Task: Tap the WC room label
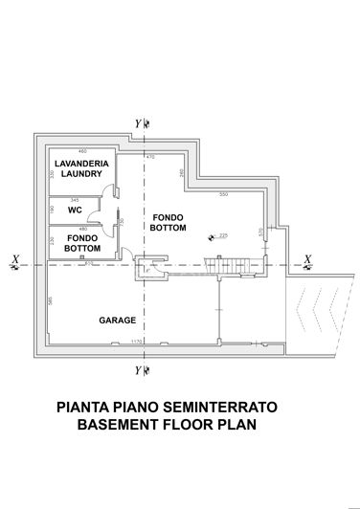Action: (x=74, y=209)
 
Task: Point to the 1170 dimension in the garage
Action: (x=137, y=340)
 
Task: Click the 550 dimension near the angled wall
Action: (x=223, y=194)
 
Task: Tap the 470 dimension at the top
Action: (x=149, y=156)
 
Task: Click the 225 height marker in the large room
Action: (x=221, y=234)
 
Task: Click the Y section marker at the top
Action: (x=140, y=123)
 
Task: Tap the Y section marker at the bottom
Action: (x=140, y=368)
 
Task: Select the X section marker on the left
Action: (x=13, y=258)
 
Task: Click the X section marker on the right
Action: (x=306, y=258)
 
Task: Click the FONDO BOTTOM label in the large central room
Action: (x=168, y=224)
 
